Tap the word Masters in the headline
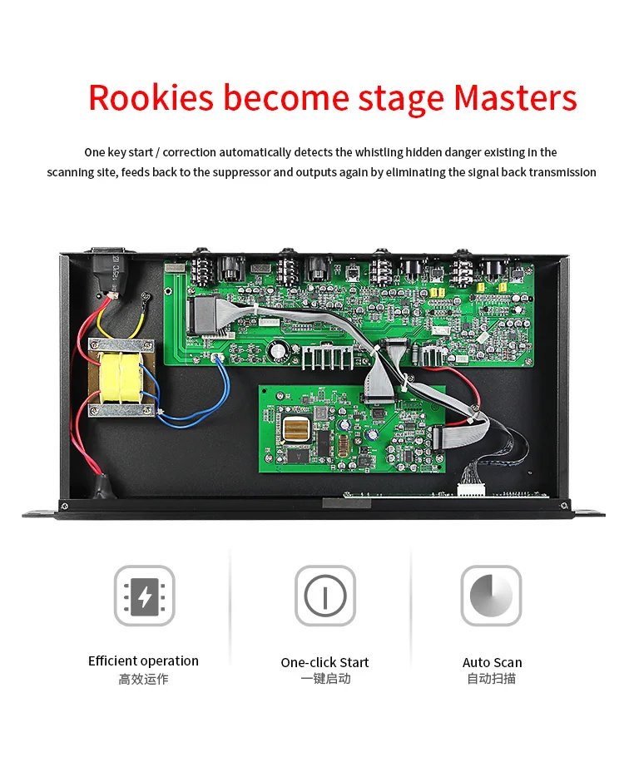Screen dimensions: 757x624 click(x=515, y=97)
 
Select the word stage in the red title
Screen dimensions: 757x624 click(x=403, y=99)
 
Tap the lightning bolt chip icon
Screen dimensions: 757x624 click(x=144, y=596)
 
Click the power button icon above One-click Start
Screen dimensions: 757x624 click(x=324, y=596)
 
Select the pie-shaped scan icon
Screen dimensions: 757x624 click(x=491, y=596)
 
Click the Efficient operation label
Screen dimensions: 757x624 click(x=143, y=661)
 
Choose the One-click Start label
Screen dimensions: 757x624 click(x=324, y=662)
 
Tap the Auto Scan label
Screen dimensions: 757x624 click(x=492, y=662)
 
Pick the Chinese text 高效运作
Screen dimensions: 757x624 click(x=143, y=679)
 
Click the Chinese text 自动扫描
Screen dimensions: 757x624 click(x=492, y=679)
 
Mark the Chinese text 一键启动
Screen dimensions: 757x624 click(x=324, y=679)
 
